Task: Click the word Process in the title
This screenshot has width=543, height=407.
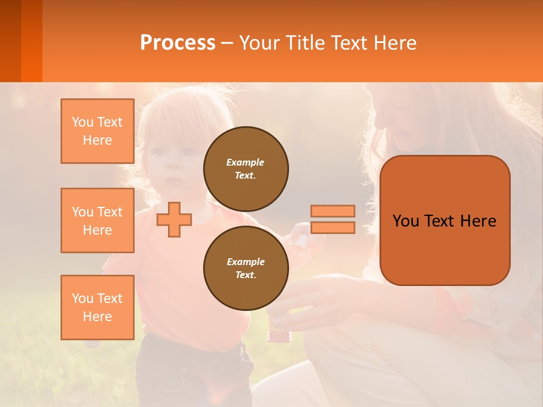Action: (178, 43)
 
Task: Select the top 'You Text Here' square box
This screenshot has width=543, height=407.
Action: (97, 131)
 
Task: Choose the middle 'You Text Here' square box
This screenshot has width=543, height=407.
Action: (97, 220)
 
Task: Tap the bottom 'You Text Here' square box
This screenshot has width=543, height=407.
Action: (97, 308)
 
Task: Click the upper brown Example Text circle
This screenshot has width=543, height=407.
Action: (245, 168)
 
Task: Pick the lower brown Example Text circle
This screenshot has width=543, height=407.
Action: (245, 268)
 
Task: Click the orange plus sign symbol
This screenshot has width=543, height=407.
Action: (174, 219)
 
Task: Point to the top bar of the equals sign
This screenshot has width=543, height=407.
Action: (333, 211)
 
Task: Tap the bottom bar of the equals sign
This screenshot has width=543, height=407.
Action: (333, 228)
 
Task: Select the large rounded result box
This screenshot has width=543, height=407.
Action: (445, 220)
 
